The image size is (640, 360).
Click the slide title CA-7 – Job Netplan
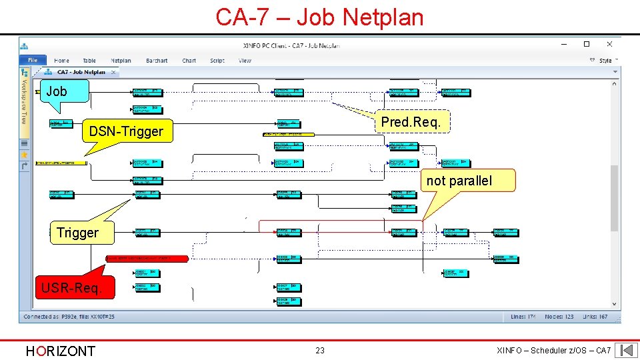click(319, 17)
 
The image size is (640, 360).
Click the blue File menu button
click(33, 60)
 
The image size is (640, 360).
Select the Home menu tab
click(61, 61)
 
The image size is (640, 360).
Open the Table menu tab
click(89, 61)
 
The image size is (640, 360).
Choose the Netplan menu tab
click(121, 61)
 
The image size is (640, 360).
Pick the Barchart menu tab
click(157, 61)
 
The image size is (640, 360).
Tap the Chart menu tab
click(189, 61)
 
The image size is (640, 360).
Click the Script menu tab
click(217, 61)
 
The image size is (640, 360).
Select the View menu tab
click(245, 61)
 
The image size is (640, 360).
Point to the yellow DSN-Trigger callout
click(125, 131)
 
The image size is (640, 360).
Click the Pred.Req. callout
click(411, 121)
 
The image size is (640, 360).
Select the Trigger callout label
click(77, 233)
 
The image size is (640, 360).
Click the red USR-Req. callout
click(71, 288)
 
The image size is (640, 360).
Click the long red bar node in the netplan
click(147, 257)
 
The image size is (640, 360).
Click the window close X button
click(609, 45)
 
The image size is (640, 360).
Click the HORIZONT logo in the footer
click(60, 351)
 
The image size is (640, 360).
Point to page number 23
click(320, 351)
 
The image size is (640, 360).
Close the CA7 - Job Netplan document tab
click(113, 72)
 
